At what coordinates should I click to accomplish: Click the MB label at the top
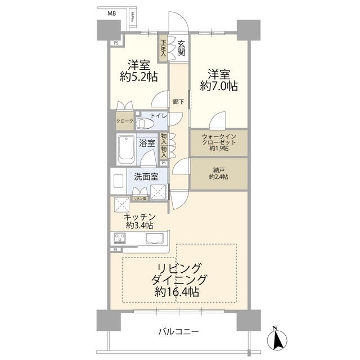[112, 12]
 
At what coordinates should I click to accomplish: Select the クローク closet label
[124, 121]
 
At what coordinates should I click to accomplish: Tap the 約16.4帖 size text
[177, 292]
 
